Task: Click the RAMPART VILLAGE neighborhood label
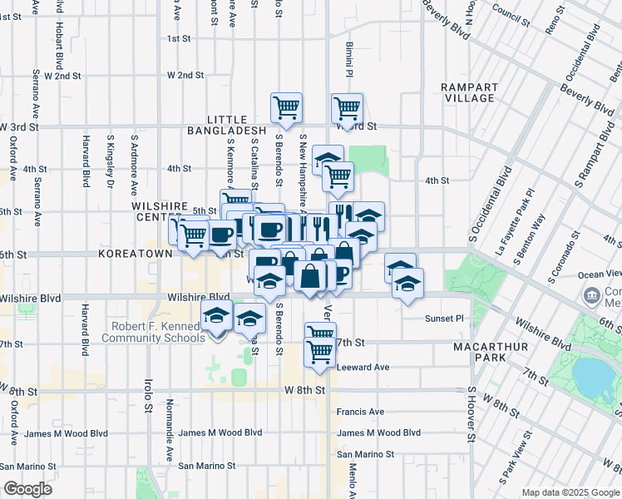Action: (469, 92)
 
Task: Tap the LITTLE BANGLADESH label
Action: (228, 125)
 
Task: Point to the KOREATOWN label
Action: (130, 252)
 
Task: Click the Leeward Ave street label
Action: (363, 367)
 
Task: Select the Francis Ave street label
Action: (360, 412)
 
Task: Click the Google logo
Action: (27, 489)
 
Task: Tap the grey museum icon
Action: (593, 294)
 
